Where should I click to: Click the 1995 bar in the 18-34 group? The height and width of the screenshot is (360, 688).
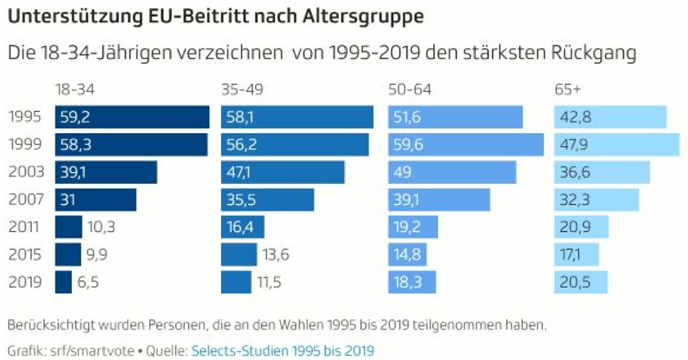pos(132,117)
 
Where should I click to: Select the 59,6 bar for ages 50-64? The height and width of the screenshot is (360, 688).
pos(466,145)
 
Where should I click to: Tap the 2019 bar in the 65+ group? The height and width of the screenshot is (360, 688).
pos(580,282)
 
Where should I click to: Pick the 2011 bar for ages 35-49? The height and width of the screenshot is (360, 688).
pos(243,227)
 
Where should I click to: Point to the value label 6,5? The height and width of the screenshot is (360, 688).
pos(88,282)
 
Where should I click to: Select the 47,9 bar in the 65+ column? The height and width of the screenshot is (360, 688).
pos(616,145)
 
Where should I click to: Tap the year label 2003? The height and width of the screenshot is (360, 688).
pos(26,172)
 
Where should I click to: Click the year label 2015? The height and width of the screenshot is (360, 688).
pos(26,255)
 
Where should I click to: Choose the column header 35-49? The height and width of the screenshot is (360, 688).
pos(242,90)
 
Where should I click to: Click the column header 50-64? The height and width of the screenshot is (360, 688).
pos(409,90)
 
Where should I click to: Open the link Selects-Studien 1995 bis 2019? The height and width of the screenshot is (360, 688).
pos(282,351)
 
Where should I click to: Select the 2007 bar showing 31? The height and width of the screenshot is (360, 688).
pos(96,200)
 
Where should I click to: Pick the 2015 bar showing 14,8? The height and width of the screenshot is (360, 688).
pos(407,255)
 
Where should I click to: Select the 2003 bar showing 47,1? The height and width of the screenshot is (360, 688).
pos(283,172)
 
